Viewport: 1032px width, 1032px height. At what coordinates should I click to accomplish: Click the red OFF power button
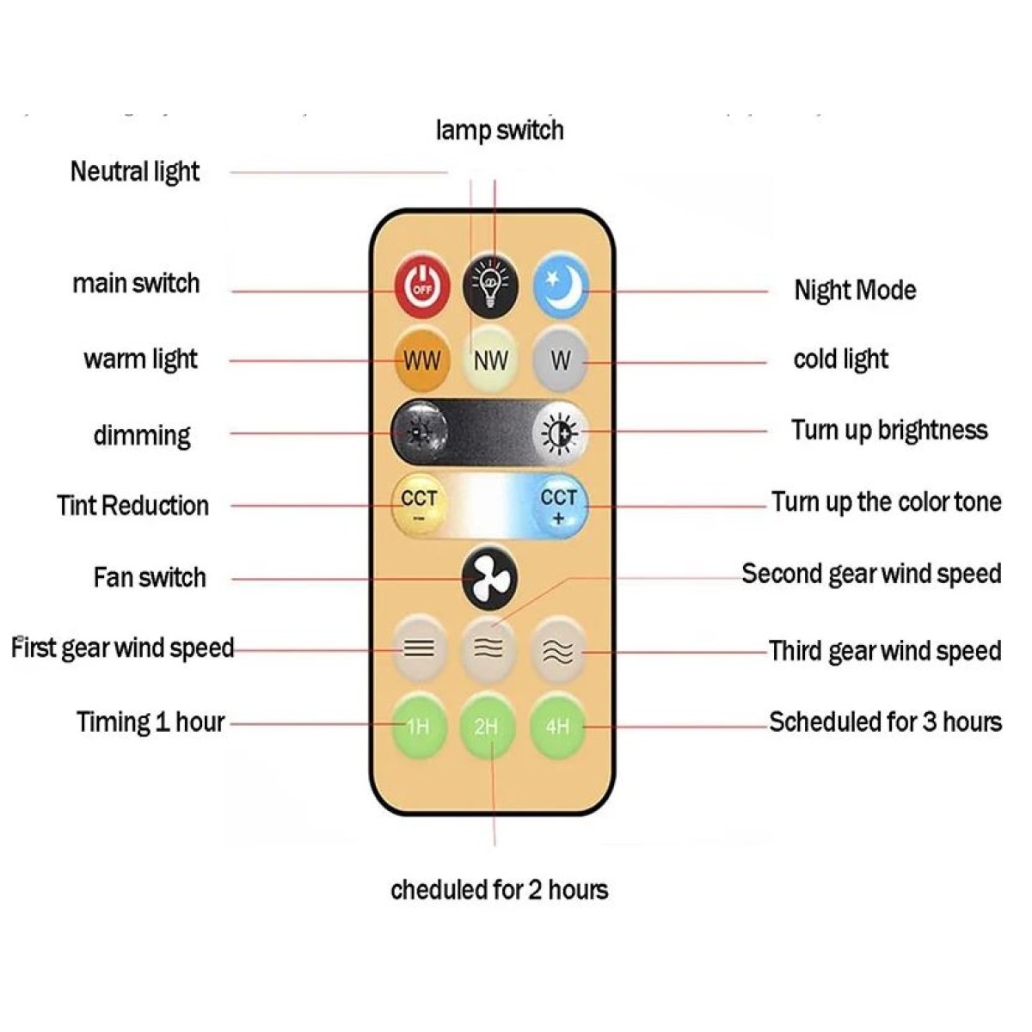pyautogui.click(x=422, y=286)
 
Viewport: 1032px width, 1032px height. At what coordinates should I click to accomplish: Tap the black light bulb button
pyautogui.click(x=490, y=286)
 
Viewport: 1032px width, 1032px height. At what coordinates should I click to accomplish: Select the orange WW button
pyautogui.click(x=422, y=360)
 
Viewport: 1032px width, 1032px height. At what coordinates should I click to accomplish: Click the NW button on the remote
pyautogui.click(x=490, y=360)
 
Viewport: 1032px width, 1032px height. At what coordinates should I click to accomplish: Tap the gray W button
pyautogui.click(x=560, y=360)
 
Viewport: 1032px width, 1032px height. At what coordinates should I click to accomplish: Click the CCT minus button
pyautogui.click(x=420, y=505)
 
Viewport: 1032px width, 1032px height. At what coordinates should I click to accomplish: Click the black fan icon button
pyautogui.click(x=489, y=579)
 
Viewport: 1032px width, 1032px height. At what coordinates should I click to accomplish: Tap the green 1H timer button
pyautogui.click(x=418, y=727)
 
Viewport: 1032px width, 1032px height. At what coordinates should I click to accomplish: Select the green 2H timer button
pyautogui.click(x=487, y=727)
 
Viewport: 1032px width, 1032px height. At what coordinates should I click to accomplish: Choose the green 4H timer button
pyautogui.click(x=557, y=727)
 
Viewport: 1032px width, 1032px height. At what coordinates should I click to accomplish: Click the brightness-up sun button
pyautogui.click(x=560, y=433)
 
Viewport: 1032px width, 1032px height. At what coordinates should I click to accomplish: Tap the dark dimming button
pyautogui.click(x=420, y=433)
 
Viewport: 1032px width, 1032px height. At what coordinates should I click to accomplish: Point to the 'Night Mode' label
pyautogui.click(x=855, y=291)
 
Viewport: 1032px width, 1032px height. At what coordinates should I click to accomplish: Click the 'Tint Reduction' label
pyautogui.click(x=132, y=506)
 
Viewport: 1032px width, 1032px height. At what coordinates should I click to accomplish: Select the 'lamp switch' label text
pyautogui.click(x=500, y=130)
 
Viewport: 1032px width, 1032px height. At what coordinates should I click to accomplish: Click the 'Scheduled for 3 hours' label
pyautogui.click(x=885, y=722)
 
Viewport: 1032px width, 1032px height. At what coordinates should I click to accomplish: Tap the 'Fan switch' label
pyautogui.click(x=150, y=577)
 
